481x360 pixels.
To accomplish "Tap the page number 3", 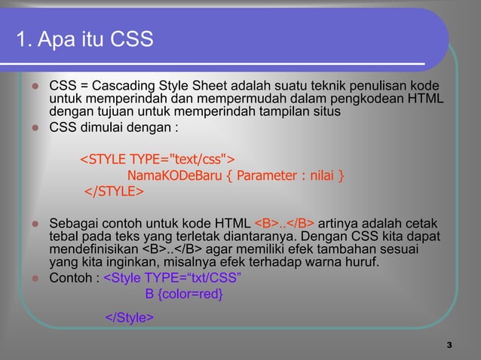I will pos(449,345).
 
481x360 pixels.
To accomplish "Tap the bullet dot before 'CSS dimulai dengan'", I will pos(34,127).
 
